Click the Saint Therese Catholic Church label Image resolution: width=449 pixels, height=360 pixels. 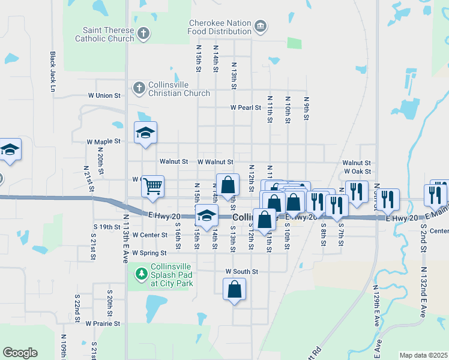pos(104,34)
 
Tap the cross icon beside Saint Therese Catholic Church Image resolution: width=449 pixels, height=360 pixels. pos(143,34)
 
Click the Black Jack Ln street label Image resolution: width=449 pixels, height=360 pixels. pos(53,71)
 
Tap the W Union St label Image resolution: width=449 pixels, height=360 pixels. pos(104,95)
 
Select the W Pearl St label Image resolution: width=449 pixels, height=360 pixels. pos(246,108)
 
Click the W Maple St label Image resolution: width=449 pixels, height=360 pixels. pos(104,142)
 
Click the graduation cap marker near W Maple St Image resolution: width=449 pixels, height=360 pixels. pos(145,133)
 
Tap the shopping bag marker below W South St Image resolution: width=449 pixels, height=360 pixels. pos(234,290)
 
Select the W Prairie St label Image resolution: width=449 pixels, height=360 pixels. pos(103,323)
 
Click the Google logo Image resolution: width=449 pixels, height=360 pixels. pos(20,353)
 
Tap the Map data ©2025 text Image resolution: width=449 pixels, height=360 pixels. pos(423,355)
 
